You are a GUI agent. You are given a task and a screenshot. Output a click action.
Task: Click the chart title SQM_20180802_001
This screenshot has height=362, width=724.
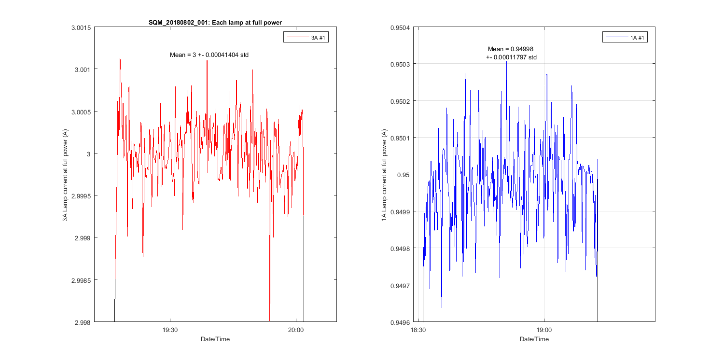click(215, 23)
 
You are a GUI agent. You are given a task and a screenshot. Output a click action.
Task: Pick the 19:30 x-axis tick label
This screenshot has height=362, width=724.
click(170, 330)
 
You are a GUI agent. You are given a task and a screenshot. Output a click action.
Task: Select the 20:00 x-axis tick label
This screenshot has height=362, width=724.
click(295, 330)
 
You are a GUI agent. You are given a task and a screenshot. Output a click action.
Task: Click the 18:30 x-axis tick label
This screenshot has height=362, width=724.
click(418, 330)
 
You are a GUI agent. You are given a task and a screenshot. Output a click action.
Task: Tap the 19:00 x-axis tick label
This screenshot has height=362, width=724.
click(544, 330)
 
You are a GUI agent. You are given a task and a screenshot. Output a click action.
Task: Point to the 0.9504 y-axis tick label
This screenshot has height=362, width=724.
click(400, 28)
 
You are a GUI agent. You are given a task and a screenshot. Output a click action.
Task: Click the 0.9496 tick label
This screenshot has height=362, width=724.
click(400, 322)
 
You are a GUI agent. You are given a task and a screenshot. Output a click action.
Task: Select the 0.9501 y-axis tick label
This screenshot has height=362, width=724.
click(400, 138)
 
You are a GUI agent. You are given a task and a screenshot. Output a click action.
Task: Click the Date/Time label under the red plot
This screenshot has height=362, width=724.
click(215, 339)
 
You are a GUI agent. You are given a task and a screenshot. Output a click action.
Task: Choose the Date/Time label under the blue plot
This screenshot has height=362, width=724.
click(534, 339)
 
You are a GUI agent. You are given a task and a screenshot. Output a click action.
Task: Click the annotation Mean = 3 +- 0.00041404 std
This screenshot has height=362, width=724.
click(209, 55)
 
